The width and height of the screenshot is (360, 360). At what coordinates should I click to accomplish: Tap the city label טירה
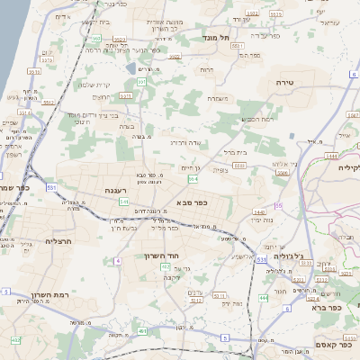click(x=299, y=82)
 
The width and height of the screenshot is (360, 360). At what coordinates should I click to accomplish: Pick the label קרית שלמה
click(x=94, y=85)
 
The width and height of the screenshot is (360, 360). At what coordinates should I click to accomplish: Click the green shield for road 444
click(x=263, y=298)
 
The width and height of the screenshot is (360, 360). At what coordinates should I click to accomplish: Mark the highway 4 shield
click(x=117, y=261)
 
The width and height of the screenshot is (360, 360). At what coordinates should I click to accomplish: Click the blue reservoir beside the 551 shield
click(x=132, y=68)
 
